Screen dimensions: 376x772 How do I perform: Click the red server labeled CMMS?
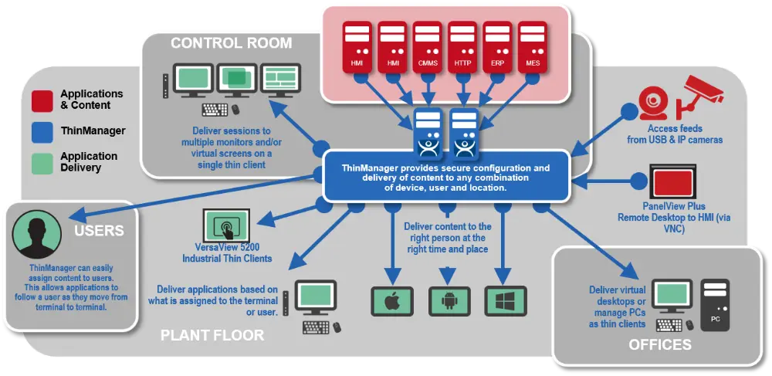(427, 47)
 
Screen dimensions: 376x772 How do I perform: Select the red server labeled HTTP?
(462, 47)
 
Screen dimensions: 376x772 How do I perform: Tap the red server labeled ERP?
(498, 47)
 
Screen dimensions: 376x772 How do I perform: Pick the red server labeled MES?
(533, 47)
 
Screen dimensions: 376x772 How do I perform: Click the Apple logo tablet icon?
(391, 300)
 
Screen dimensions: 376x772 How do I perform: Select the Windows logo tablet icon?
(505, 300)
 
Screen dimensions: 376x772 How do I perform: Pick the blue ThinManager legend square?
(42, 131)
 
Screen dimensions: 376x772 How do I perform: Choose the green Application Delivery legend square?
(42, 162)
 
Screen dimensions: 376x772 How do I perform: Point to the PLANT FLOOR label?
(212, 335)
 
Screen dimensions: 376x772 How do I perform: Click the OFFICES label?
(660, 344)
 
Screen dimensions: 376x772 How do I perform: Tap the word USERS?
(98, 231)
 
